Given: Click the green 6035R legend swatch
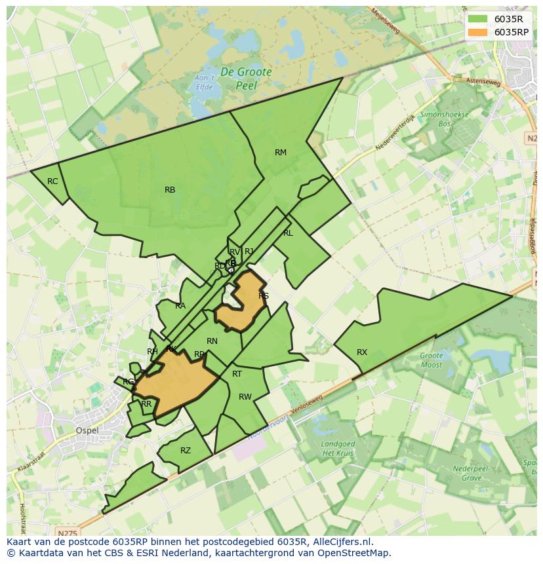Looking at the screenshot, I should coord(477,19).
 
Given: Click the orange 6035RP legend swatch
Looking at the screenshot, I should coord(477,32).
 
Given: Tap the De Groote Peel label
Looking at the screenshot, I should coord(246,78).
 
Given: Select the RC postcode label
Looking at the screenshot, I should coord(52,181).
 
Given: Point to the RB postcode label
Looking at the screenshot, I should coord(170,190).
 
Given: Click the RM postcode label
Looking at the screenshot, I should coord(281,153).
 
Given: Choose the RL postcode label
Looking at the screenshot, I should coord(288,233).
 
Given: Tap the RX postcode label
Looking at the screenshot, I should coord(362,352).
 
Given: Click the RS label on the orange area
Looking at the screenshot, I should coord(264,296).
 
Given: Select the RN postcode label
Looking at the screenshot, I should coord(212,341).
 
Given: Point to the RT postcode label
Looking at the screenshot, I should coord(237,374).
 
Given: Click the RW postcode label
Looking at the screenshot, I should coord(245,397).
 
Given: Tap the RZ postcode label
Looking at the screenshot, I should coord(186,451).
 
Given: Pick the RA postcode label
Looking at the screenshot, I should coord(180,306).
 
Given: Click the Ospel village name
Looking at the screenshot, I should coord(87,430).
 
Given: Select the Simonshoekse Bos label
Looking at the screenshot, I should coord(445,118).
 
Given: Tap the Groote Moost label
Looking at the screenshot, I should coord(432,360).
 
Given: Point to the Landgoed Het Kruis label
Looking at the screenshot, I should coord(338,449).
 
